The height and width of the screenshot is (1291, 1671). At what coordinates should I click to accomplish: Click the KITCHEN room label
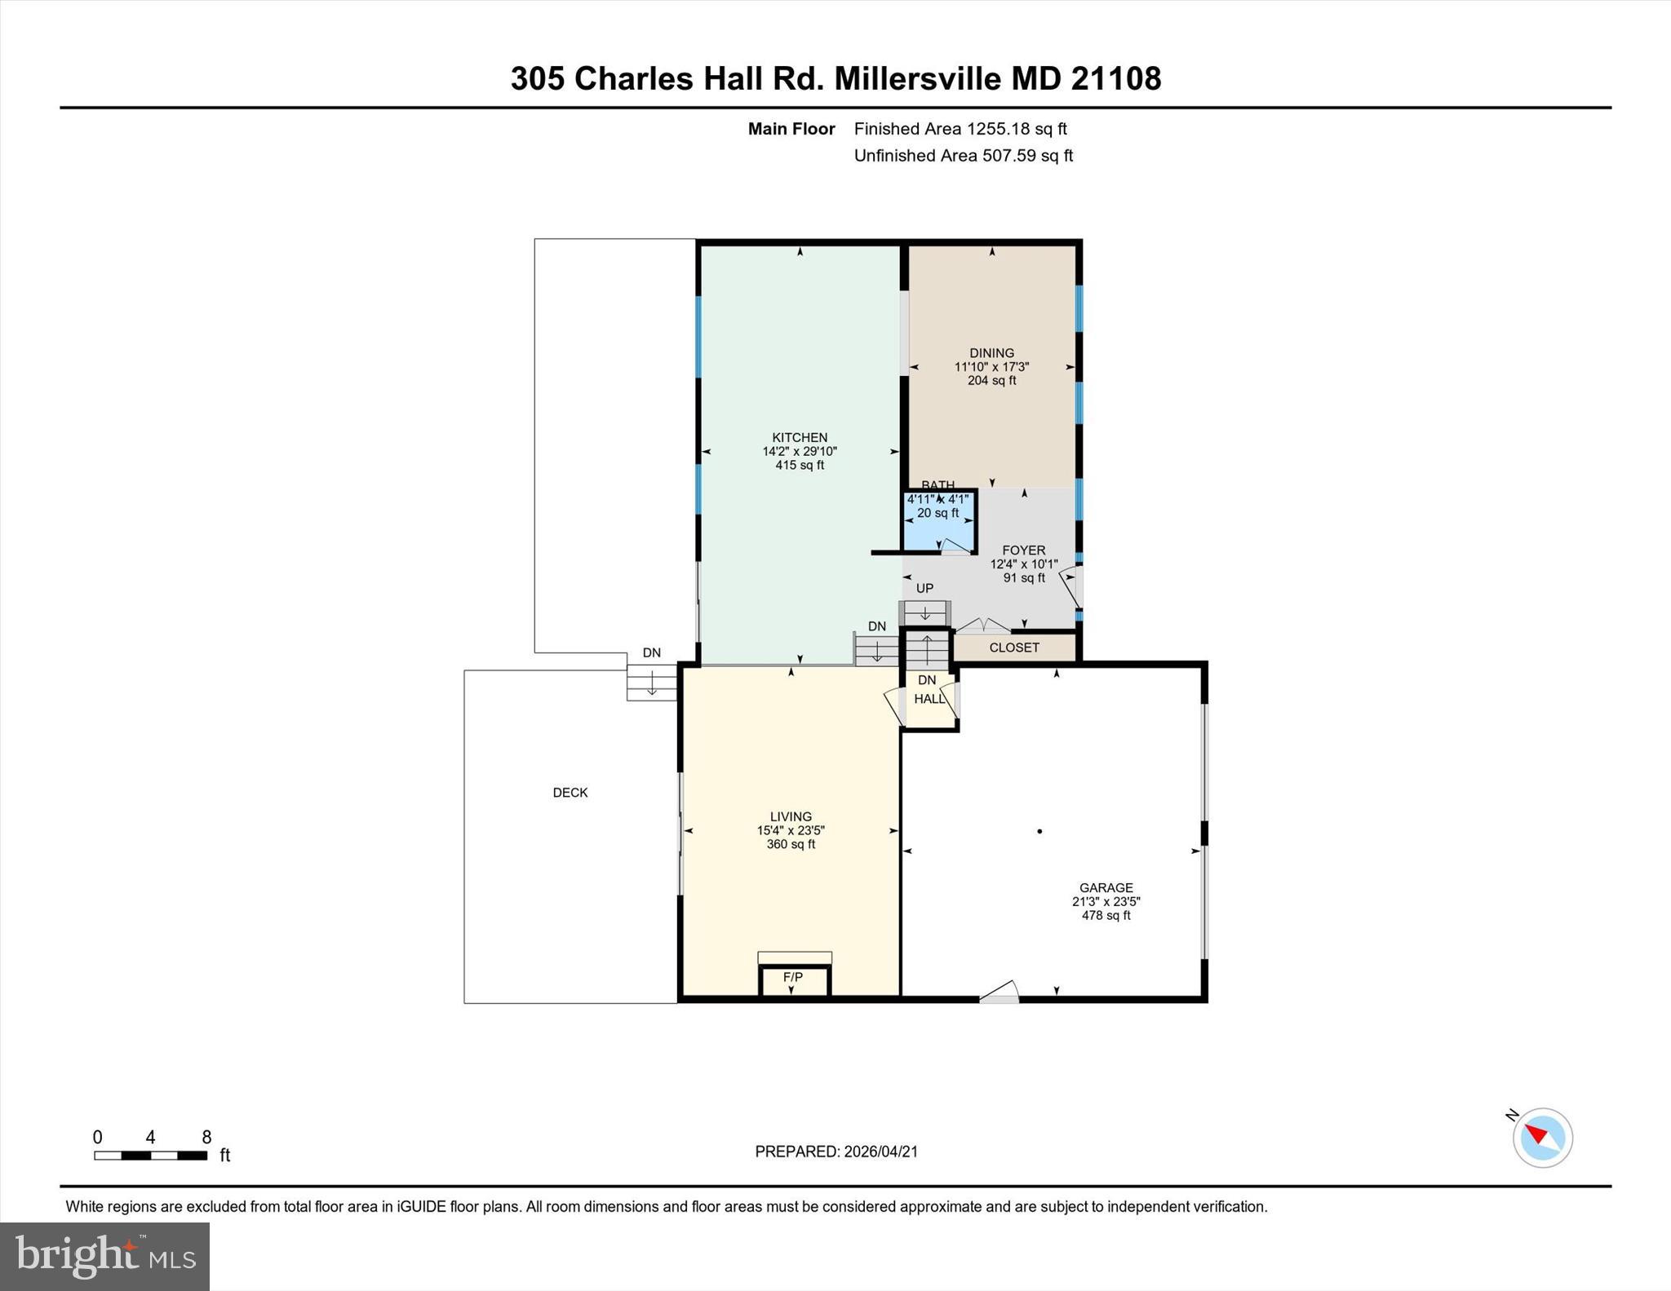pyautogui.click(x=800, y=437)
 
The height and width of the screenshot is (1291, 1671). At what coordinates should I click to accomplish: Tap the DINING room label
pyautogui.click(x=991, y=353)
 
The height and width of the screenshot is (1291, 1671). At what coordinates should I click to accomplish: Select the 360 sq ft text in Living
pyautogui.click(x=791, y=844)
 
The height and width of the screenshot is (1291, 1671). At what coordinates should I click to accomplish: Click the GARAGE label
pyautogui.click(x=1106, y=887)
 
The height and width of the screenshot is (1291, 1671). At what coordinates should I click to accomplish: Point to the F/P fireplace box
pyautogui.click(x=794, y=979)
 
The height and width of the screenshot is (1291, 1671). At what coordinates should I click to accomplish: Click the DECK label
pyautogui.click(x=570, y=792)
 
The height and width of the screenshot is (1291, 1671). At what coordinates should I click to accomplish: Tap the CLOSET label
pyautogui.click(x=1014, y=648)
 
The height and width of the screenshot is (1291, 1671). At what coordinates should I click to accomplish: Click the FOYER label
pyautogui.click(x=1024, y=550)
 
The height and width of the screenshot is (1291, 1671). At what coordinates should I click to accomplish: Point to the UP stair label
pyautogui.click(x=924, y=588)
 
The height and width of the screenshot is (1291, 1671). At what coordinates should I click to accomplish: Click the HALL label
pyautogui.click(x=929, y=699)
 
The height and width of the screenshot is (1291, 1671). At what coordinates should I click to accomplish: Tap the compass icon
pyautogui.click(x=1542, y=1137)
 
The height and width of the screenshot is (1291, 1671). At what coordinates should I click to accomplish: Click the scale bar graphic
pyautogui.click(x=150, y=1155)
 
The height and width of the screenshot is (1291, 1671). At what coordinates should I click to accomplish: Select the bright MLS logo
pyautogui.click(x=104, y=1255)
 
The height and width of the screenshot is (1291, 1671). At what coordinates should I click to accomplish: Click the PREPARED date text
pyautogui.click(x=836, y=1152)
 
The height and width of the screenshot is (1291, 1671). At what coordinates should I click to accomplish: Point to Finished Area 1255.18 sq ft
pyautogui.click(x=960, y=129)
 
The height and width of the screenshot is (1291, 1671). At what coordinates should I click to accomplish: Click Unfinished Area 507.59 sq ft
pyautogui.click(x=963, y=156)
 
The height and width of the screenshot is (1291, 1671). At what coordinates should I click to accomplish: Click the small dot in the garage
pyautogui.click(x=1039, y=831)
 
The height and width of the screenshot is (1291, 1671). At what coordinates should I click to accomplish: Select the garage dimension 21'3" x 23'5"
pyautogui.click(x=1106, y=901)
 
